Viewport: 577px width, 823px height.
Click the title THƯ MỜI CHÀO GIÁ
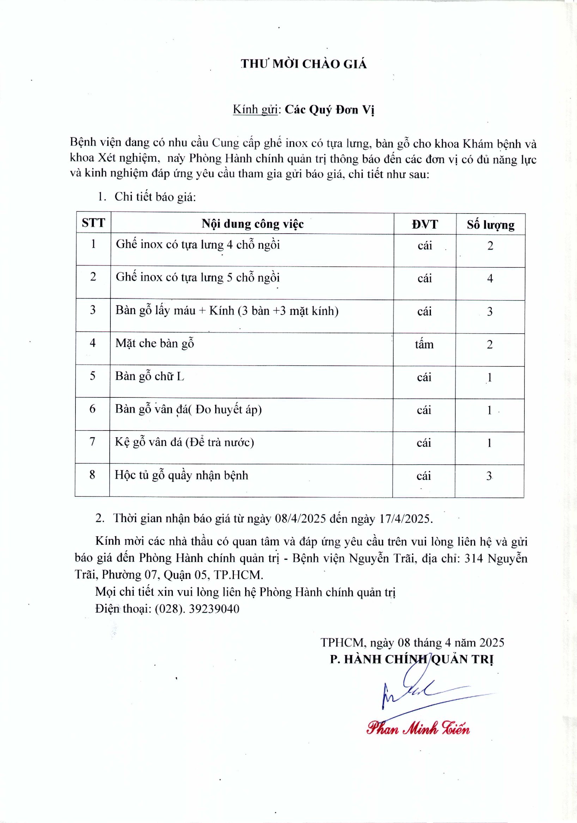[x=304, y=64]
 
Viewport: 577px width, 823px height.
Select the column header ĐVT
[x=425, y=224]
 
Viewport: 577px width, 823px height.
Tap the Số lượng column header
[x=491, y=225]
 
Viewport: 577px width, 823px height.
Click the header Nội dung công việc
[x=253, y=224]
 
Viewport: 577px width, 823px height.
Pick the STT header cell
[x=93, y=223]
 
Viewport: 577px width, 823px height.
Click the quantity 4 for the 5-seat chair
[x=490, y=279]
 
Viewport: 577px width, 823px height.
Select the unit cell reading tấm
[x=424, y=345]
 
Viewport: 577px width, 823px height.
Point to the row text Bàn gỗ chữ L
[x=150, y=376]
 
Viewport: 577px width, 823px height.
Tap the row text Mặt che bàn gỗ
[x=155, y=344]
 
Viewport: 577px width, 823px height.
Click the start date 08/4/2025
[x=300, y=519]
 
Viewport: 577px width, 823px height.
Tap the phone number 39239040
[x=214, y=609]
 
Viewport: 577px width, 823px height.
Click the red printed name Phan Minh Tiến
[x=418, y=729]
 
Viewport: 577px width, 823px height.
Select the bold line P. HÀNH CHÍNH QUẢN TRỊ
[x=412, y=659]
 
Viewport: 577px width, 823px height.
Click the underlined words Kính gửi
[x=255, y=109]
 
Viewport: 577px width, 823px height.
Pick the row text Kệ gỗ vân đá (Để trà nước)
[x=184, y=442]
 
